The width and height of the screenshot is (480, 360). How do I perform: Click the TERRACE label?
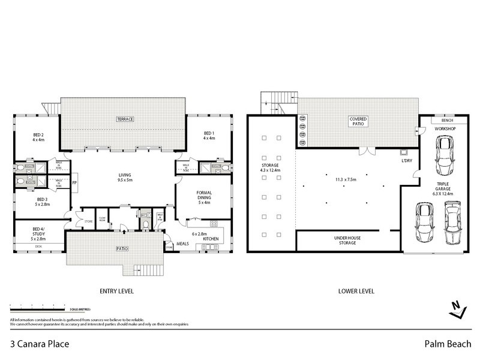click(125, 119)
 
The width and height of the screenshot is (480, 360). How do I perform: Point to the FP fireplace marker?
click(74, 182)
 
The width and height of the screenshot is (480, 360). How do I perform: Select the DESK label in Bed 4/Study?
click(38, 247)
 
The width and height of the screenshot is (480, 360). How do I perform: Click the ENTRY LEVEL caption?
click(116, 291)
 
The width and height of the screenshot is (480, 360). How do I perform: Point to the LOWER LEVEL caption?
click(356, 291)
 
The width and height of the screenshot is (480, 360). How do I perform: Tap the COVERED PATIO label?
click(358, 122)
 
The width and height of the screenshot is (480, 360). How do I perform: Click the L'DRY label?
click(406, 161)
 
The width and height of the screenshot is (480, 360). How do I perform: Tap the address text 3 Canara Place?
click(40, 344)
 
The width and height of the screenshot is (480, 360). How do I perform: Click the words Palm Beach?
click(442, 344)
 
